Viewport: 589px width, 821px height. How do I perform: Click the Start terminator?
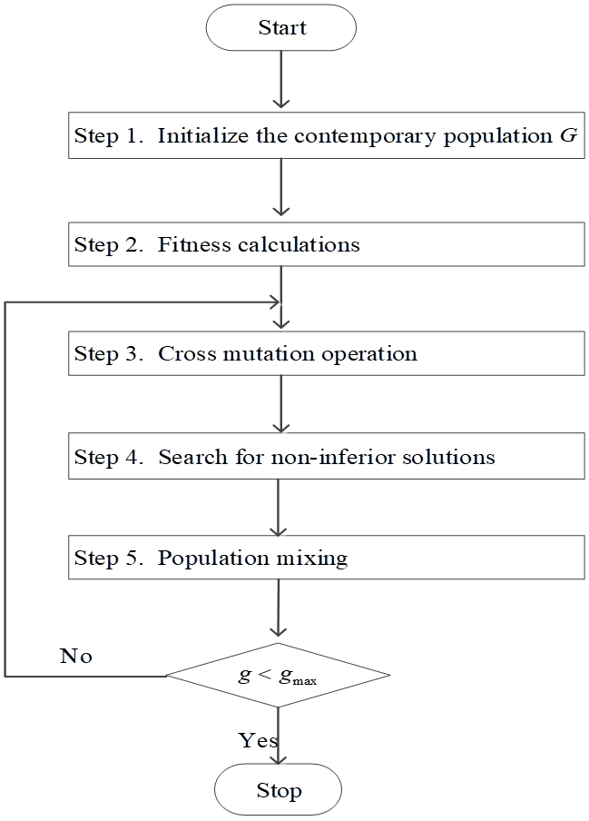pos(281,27)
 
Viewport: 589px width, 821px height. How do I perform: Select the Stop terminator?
pos(278,789)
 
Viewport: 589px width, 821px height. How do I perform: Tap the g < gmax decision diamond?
pos(278,676)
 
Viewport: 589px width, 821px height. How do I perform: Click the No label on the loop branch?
pos(76,656)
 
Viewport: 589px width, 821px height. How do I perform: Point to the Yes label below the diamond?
pos(258,740)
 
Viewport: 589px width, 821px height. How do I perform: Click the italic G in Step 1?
pos(569,136)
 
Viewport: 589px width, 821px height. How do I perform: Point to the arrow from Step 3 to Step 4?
pos(281,403)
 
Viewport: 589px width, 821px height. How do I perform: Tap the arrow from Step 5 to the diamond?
pos(279,608)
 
